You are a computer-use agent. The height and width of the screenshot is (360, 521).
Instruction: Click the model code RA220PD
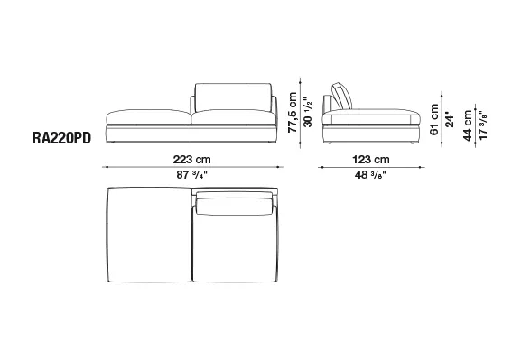coord(61,138)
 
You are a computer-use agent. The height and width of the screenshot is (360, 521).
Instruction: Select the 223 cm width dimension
coord(191,160)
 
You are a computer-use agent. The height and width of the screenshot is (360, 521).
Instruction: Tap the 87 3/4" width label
coord(191,175)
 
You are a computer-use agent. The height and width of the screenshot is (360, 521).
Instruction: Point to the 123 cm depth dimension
coord(371,160)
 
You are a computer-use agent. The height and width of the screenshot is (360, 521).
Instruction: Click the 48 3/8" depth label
coord(370,175)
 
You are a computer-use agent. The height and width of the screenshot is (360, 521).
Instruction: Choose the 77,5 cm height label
coord(293,112)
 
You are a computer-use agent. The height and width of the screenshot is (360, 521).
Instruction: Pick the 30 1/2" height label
coord(308,112)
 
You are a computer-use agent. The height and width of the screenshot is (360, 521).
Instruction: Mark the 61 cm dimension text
coord(434,120)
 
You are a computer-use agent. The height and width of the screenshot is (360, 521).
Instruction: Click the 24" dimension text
coord(450,120)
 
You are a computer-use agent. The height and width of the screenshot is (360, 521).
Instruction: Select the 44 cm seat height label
coord(468,125)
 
